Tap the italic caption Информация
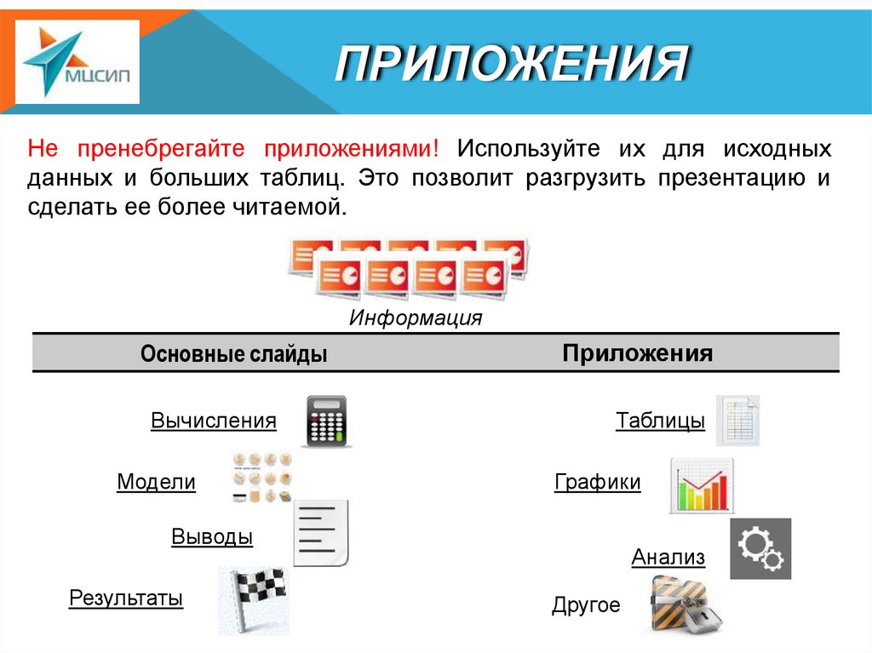click(416, 318)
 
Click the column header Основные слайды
click(234, 354)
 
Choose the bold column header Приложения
click(637, 353)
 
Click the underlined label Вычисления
click(214, 421)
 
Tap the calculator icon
click(326, 421)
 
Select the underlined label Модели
click(156, 482)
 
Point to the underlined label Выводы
click(212, 537)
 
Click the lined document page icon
click(321, 534)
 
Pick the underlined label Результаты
click(126, 598)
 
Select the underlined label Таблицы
click(660, 421)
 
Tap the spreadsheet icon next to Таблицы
click(737, 421)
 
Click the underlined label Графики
click(597, 483)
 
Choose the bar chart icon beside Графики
click(702, 486)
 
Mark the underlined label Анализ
click(668, 557)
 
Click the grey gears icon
click(760, 548)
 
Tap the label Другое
click(586, 605)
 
